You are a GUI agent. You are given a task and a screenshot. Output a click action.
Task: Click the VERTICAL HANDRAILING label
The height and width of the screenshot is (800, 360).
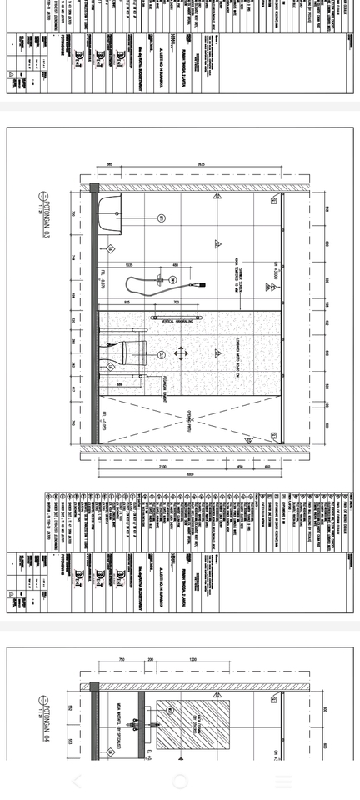point(182,320)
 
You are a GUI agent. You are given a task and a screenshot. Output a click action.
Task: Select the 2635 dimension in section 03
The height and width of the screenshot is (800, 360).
point(201,165)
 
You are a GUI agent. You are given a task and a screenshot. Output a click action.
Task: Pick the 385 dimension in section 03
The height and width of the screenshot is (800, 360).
point(109,165)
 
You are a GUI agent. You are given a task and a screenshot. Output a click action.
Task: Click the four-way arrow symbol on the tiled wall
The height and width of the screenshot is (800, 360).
point(181,354)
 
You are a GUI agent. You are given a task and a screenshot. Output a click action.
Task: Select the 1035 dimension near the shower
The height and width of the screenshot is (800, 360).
point(129,265)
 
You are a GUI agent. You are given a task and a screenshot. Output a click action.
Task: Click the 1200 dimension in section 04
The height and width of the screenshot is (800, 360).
point(193,659)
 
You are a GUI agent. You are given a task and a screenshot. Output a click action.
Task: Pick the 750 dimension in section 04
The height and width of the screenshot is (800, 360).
point(122,659)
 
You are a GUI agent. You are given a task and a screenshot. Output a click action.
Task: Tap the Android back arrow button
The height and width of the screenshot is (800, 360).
point(77,782)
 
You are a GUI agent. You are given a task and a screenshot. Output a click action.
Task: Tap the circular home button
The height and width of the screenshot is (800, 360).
point(180,782)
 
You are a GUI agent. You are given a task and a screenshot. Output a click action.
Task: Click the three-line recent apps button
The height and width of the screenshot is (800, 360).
point(283,782)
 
